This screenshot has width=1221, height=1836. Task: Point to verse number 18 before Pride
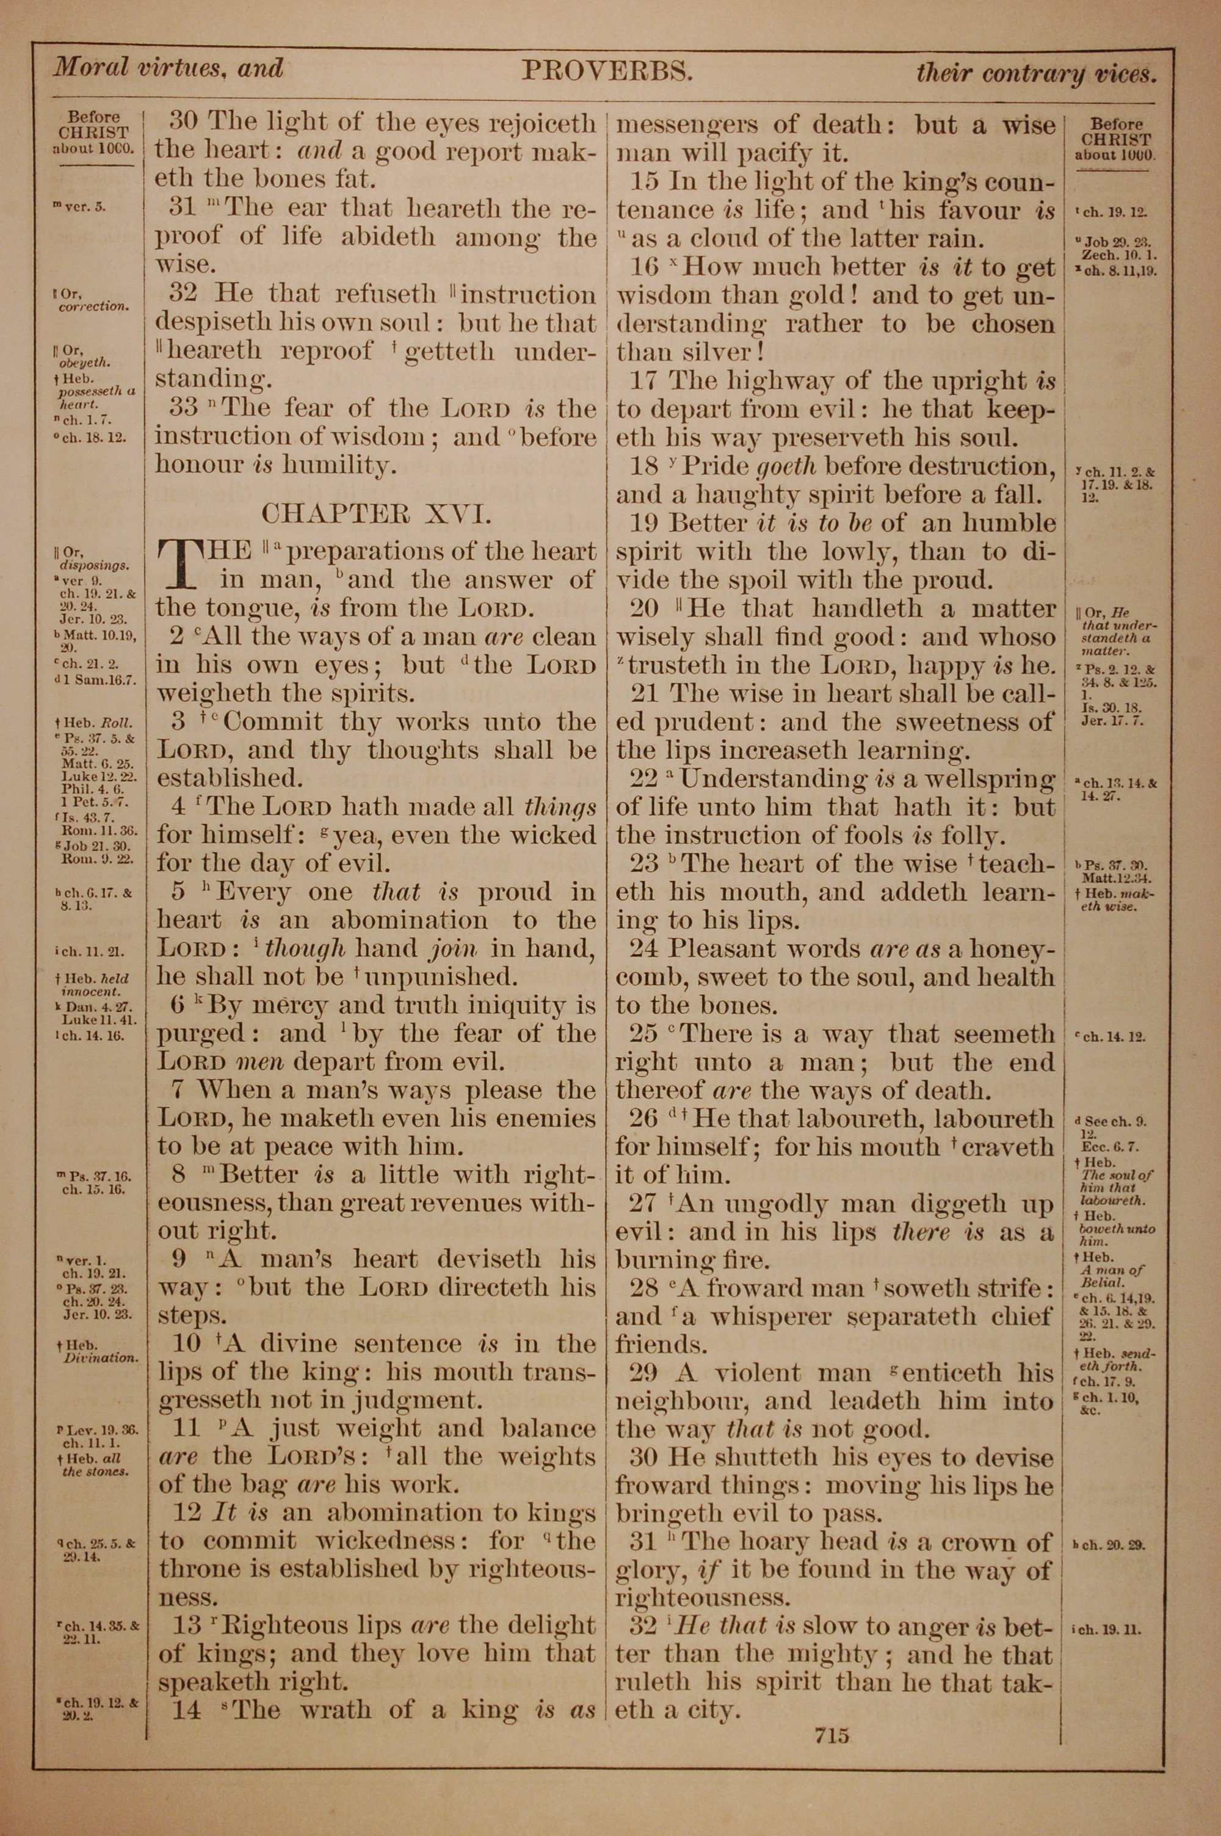click(x=644, y=467)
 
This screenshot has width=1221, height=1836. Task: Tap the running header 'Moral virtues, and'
click(x=168, y=69)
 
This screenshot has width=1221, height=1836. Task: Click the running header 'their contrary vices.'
click(x=1035, y=74)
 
